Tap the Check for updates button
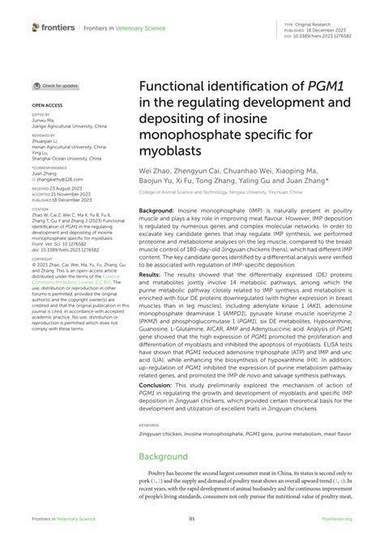[x=56, y=85]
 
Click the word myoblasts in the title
[x=169, y=151]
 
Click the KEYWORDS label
[x=148, y=424]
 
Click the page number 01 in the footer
[x=192, y=519]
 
